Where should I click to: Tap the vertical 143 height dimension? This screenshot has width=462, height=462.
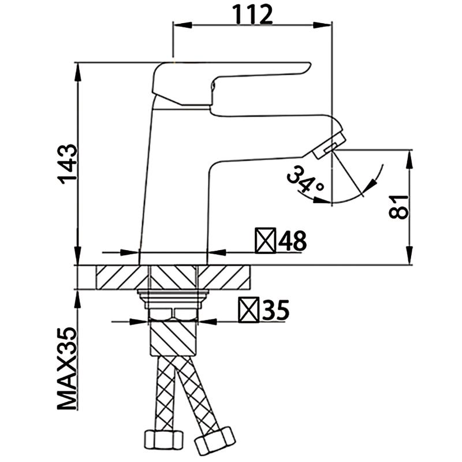point(68,163)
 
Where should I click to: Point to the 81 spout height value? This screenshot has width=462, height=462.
point(399,206)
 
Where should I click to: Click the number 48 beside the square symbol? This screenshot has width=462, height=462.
point(292,241)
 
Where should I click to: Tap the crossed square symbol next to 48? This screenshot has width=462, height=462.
point(265,241)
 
